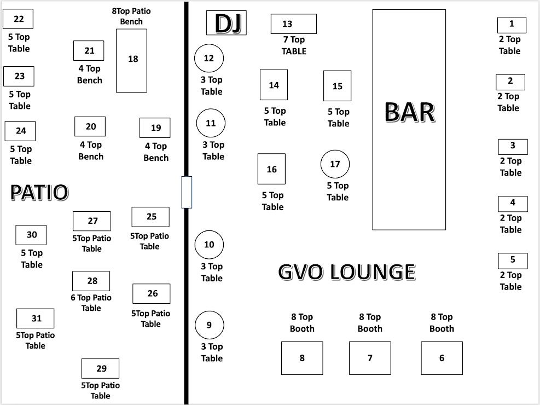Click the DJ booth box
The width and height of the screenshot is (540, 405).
click(227, 23)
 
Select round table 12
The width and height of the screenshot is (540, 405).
click(209, 58)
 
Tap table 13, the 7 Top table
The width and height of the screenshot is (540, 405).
click(294, 24)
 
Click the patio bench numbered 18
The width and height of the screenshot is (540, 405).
click(131, 61)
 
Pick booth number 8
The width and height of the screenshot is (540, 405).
click(302, 358)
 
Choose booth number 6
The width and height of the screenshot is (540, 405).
click(442, 358)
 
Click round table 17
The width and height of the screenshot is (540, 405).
click(335, 164)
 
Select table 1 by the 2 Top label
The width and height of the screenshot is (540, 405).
click(512, 25)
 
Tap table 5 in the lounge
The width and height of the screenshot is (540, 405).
click(513, 261)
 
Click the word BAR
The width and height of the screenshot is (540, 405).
click(410, 112)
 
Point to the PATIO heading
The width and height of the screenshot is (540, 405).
click(39, 192)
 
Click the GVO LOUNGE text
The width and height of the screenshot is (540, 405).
click(347, 272)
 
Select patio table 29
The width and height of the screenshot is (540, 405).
click(100, 368)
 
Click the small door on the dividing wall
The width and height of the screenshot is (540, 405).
click(187, 192)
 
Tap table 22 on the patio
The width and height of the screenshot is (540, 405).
click(18, 19)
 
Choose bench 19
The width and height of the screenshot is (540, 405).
click(155, 128)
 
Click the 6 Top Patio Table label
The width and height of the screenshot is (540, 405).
click(91, 303)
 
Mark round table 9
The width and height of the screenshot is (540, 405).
click(210, 325)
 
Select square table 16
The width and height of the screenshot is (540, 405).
click(272, 169)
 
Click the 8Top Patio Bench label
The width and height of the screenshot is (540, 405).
click(131, 16)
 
